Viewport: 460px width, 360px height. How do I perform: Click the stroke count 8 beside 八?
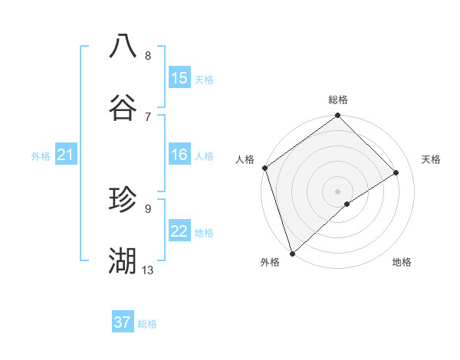(x=148, y=56)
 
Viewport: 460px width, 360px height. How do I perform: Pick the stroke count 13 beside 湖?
(x=148, y=270)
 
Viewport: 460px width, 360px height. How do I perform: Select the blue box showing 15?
(x=179, y=78)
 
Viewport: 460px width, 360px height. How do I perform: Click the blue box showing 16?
(x=179, y=155)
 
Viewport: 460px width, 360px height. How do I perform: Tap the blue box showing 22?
(x=179, y=231)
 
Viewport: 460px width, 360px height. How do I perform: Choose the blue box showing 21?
(x=65, y=155)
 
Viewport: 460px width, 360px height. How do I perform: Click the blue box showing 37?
(x=122, y=322)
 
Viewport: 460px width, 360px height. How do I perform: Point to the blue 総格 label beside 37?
(x=147, y=324)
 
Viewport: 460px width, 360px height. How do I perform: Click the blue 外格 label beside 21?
(x=41, y=156)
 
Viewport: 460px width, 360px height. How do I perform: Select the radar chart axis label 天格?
(x=431, y=159)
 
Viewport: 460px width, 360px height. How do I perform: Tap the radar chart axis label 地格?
(x=402, y=262)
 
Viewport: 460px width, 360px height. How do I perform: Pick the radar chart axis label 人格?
(x=245, y=159)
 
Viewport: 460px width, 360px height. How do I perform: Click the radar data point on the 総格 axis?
(x=337, y=116)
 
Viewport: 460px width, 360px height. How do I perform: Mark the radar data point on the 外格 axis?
(x=291, y=253)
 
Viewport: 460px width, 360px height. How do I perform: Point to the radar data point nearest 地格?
(x=347, y=204)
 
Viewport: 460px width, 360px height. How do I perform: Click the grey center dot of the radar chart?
(x=337, y=191)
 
